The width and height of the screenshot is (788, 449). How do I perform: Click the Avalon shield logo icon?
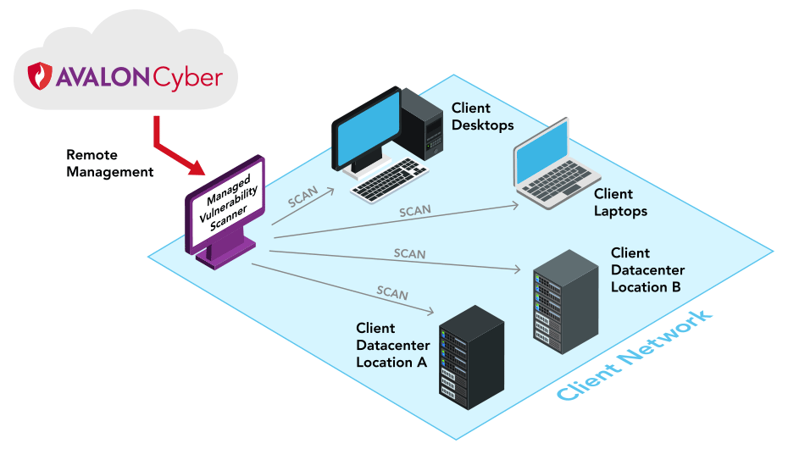point(41,75)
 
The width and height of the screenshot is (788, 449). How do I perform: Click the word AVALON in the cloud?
point(103,77)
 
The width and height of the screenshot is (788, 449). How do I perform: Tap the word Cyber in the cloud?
point(187,78)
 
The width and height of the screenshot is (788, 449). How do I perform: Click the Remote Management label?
point(109,164)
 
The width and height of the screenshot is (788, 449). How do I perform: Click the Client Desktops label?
point(482,117)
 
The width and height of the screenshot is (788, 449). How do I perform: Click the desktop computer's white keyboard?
point(391,180)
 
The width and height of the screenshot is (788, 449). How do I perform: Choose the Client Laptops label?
point(620,202)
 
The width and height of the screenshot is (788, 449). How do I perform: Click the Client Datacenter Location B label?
point(647,269)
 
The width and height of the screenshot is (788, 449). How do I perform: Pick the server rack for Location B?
point(565,298)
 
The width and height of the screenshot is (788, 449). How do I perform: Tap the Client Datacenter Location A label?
point(392,345)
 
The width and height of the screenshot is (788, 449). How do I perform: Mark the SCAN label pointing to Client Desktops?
point(302,197)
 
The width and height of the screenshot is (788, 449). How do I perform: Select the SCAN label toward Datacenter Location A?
point(392,293)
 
